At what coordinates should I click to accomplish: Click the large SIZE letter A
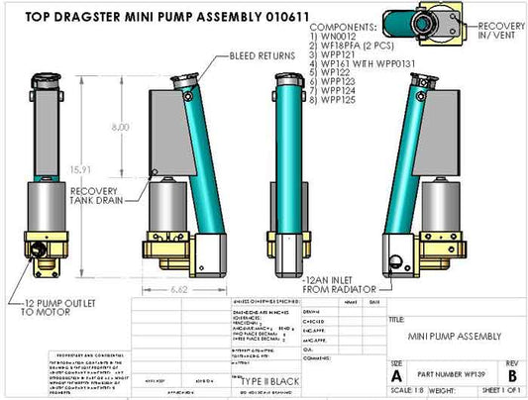396,376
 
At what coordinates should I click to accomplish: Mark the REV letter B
512,376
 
